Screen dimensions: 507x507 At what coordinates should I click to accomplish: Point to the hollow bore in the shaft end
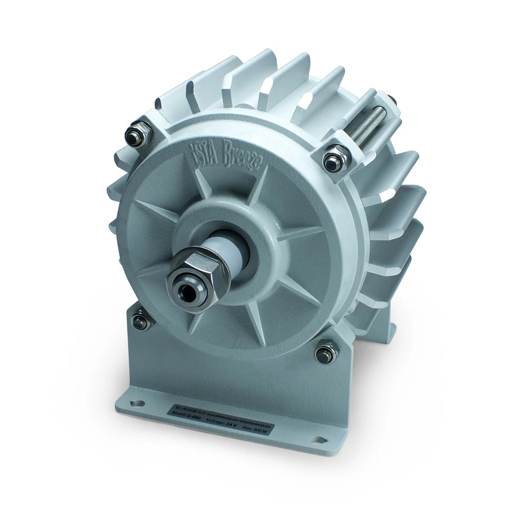[187, 290]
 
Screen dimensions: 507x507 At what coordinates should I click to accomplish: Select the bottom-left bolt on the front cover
[140, 320]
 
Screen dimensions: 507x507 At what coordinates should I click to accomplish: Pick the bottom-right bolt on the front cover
[325, 352]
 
